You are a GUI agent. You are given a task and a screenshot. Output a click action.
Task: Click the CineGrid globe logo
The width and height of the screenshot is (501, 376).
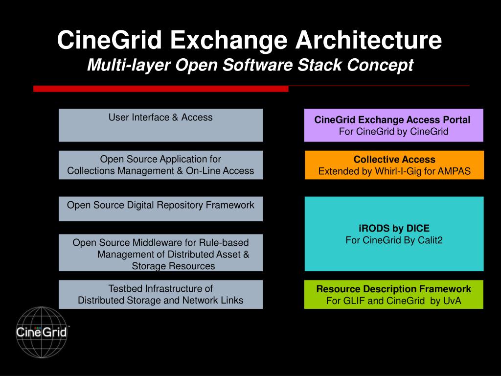(x=42, y=332)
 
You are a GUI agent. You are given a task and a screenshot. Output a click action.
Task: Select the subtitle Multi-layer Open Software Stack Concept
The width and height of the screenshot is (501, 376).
(x=250, y=65)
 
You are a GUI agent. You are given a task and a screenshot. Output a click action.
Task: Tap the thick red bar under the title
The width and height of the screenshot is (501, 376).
(x=160, y=89)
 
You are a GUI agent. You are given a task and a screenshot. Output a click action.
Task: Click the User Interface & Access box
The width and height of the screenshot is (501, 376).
(x=160, y=125)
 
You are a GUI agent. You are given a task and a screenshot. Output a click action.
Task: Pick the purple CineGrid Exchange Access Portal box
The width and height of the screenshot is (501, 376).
(x=393, y=125)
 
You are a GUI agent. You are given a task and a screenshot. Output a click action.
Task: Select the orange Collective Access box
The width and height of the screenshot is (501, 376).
(x=394, y=165)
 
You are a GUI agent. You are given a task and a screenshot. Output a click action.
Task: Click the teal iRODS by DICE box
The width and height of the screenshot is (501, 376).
(x=394, y=234)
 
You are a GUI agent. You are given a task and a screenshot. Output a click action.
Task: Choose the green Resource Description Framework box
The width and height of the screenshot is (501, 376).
(x=393, y=294)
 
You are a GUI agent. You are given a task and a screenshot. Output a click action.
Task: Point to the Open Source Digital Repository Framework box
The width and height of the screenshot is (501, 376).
(x=160, y=209)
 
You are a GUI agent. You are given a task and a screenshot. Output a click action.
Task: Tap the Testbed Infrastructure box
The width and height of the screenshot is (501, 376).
(x=160, y=294)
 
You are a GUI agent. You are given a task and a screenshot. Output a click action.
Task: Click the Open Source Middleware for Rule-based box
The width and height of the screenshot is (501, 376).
(x=160, y=253)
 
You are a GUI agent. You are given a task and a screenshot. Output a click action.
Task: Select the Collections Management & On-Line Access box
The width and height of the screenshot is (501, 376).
(x=160, y=165)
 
